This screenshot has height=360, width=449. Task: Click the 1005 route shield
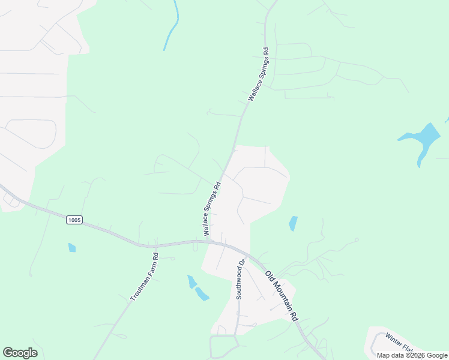[74, 220]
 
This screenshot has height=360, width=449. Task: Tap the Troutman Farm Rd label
[144, 277]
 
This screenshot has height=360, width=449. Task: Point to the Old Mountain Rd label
[282, 296]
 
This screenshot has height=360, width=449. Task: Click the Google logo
[20, 353]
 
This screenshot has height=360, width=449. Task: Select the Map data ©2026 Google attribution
[412, 355]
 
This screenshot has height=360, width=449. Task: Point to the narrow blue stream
[172, 27]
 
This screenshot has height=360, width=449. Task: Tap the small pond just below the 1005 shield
[72, 247]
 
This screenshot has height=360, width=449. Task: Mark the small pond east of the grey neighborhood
[293, 223]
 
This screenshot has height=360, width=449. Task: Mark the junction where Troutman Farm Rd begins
[155, 246]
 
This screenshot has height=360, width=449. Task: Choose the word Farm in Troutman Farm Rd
[151, 266]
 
